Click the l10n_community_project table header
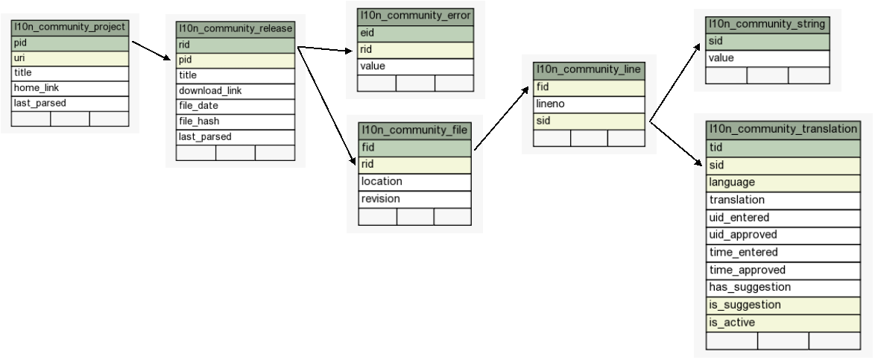[x=70, y=28]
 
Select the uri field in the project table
[x=70, y=58]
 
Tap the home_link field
[x=70, y=88]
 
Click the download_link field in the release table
[x=236, y=91]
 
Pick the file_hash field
[x=236, y=121]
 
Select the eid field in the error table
[x=415, y=34]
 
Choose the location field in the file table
[x=414, y=182]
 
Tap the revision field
[x=414, y=199]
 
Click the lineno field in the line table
[x=589, y=104]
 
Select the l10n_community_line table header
[x=589, y=70]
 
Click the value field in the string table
[x=767, y=59]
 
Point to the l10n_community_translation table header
[x=783, y=130]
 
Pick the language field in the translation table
[x=783, y=183]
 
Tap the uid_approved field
[x=783, y=236]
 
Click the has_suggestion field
[x=783, y=288]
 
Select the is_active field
[x=783, y=323]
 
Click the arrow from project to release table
[x=151, y=50]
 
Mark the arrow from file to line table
[x=501, y=119]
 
